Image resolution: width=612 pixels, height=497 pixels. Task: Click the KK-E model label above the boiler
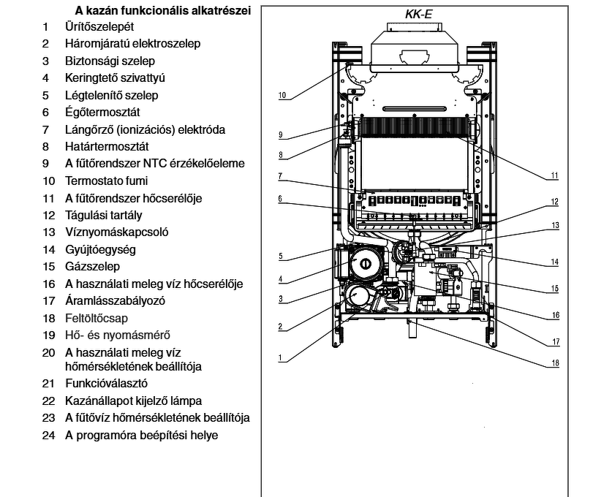tap(419, 14)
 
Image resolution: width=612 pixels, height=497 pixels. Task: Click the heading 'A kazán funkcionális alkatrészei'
tap(163, 11)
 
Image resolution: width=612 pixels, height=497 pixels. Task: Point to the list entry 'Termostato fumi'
tap(106, 181)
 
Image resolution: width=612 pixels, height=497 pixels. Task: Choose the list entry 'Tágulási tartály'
tap(103, 216)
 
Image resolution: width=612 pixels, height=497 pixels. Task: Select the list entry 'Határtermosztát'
tap(107, 147)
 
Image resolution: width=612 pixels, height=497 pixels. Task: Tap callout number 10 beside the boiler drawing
tap(283, 95)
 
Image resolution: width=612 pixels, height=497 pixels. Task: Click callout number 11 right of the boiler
tap(555, 176)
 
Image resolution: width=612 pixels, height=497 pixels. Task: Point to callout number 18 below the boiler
tap(555, 363)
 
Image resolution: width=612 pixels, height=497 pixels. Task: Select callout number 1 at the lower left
tap(280, 358)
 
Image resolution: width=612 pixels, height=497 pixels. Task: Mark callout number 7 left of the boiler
tap(280, 175)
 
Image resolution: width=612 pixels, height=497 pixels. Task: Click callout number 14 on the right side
tap(555, 262)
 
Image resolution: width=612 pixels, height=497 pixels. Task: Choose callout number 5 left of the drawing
tap(280, 256)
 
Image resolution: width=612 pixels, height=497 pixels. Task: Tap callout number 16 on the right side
tap(555, 315)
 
